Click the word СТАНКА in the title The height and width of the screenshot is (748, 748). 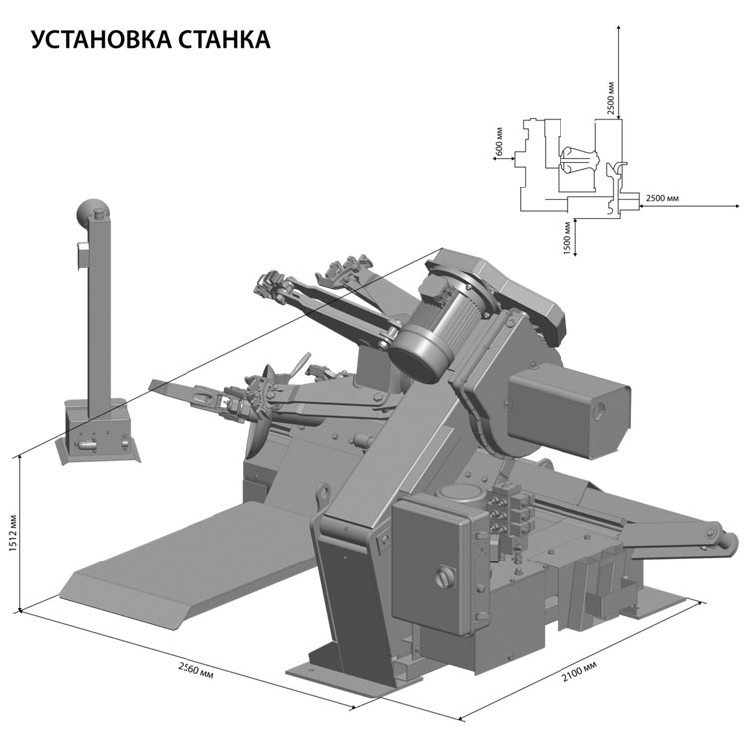coord(224,39)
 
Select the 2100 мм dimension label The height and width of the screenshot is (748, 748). coord(579,671)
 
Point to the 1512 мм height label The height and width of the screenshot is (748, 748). coord(13,532)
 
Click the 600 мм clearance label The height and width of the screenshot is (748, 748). coord(499,142)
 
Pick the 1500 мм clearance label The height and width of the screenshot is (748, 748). coord(567,238)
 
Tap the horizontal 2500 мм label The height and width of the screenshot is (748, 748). coord(662,198)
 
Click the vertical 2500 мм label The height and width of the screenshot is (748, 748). coord(611,99)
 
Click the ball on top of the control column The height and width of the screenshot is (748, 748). coord(93,213)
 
